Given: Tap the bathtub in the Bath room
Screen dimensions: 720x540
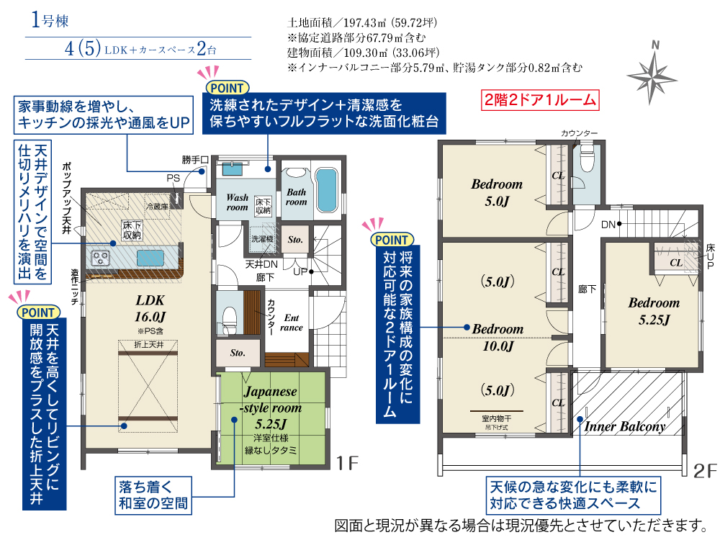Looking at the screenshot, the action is [x=327, y=190].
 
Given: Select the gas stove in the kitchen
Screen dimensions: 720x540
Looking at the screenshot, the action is [x=100, y=258].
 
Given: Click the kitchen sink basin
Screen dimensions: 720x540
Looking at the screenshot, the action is [x=150, y=258].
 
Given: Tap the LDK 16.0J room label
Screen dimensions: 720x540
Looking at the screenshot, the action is [x=150, y=309].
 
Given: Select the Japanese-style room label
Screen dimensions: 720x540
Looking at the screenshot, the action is [x=271, y=408].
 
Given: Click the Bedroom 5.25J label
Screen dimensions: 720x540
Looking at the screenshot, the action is [x=654, y=311].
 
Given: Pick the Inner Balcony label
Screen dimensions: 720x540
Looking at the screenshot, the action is [x=625, y=426].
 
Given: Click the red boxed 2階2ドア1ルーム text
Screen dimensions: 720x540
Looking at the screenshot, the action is [x=540, y=99].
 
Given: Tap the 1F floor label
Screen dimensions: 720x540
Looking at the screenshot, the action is [x=347, y=463].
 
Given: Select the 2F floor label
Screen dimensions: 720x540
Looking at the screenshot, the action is [x=705, y=471].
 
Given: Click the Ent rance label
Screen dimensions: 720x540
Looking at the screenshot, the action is [x=291, y=323].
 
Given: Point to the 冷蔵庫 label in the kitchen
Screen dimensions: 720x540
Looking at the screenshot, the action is [x=157, y=207].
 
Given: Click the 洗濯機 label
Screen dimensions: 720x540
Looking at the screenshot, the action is [x=262, y=239].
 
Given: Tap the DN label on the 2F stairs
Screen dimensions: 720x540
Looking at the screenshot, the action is [x=608, y=225].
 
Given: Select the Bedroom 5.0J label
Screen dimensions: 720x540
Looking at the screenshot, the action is [x=497, y=192].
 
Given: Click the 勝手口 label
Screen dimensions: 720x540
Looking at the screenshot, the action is [x=195, y=160].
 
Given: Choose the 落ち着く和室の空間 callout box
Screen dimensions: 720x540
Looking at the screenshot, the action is [x=153, y=495].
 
